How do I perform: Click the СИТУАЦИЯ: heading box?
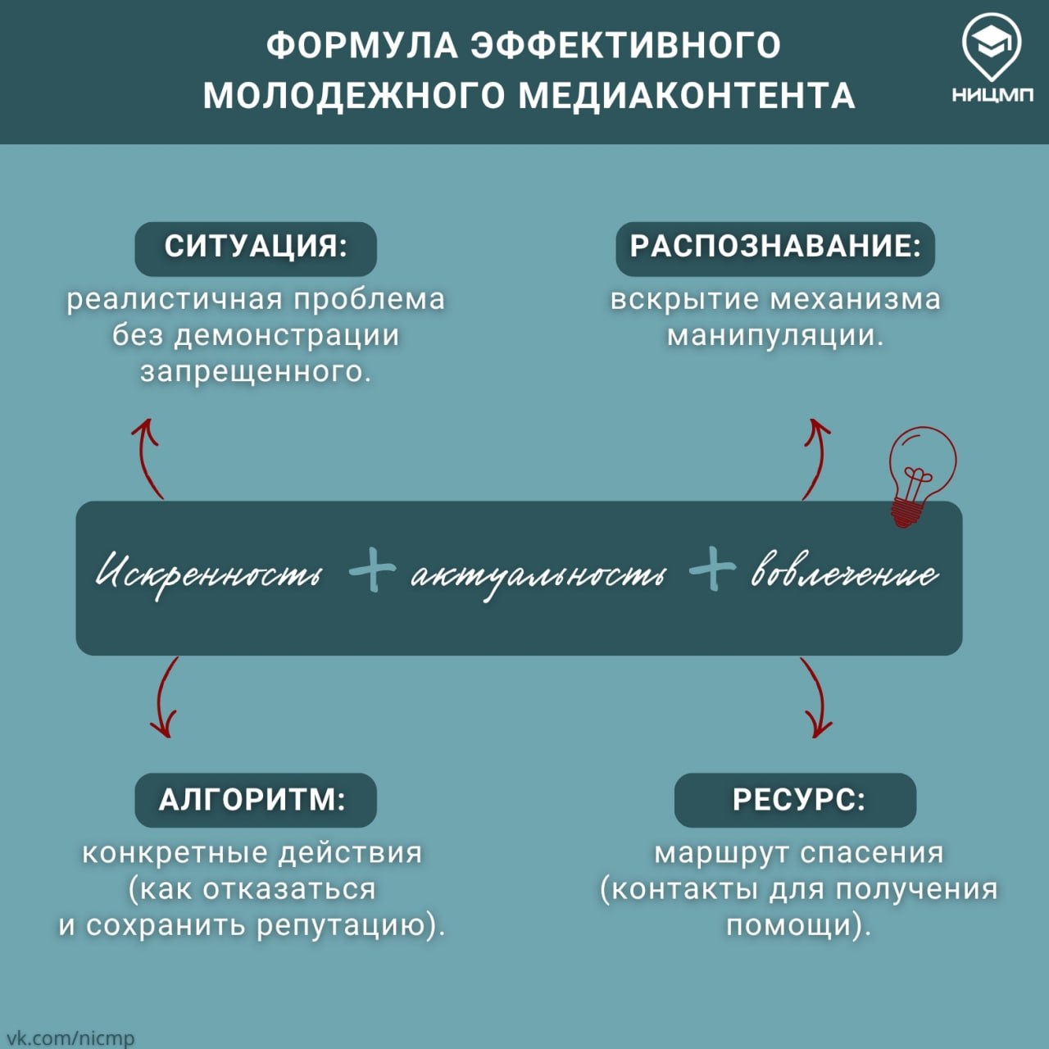pyautogui.click(x=256, y=249)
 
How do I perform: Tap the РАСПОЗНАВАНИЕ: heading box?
pyautogui.click(x=775, y=249)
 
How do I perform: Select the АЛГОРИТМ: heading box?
pyautogui.click(x=256, y=800)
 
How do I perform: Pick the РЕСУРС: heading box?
pyautogui.click(x=795, y=800)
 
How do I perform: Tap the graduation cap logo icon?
pyautogui.click(x=992, y=48)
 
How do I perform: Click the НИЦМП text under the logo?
pyautogui.click(x=992, y=95)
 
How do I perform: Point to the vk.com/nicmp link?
pyautogui.click(x=67, y=1037)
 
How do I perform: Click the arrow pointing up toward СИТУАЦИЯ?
pyautogui.click(x=147, y=457)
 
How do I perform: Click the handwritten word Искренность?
pyautogui.click(x=209, y=574)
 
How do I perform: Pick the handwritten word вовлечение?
pyautogui.click(x=845, y=571)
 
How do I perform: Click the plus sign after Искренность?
pyautogui.click(x=372, y=570)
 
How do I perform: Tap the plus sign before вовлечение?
pyautogui.click(x=712, y=568)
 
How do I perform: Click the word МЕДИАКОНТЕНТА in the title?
pyautogui.click(x=687, y=96)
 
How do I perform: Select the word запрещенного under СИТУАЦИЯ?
pyautogui.click(x=256, y=372)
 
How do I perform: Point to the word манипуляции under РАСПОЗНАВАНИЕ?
pyautogui.click(x=776, y=335)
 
